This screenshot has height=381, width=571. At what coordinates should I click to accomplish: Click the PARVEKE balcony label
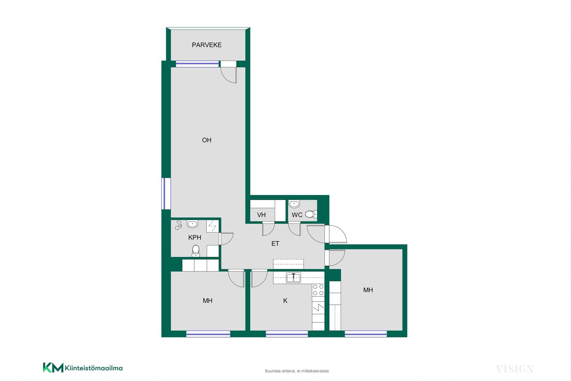click(x=207, y=45)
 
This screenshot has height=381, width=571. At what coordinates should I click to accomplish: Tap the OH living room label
click(x=207, y=140)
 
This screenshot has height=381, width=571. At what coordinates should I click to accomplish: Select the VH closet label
click(x=261, y=215)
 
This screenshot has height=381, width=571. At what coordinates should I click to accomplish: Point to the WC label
click(x=297, y=215)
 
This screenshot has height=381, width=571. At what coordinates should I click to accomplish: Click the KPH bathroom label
click(x=195, y=237)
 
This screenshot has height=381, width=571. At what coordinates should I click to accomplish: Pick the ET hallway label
click(x=275, y=243)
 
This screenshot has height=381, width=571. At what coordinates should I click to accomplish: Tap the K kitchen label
click(x=285, y=301)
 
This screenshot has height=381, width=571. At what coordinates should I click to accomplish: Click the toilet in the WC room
click(x=311, y=214)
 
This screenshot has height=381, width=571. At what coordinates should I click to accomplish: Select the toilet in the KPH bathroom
click(x=196, y=251)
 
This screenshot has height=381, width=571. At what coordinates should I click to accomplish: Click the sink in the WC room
click(x=294, y=204)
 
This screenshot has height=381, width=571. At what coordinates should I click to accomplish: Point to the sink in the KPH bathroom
click(x=192, y=224)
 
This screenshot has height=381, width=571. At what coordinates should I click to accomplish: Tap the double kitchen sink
click(x=294, y=277)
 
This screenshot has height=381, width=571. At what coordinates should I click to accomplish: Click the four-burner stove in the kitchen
click(x=318, y=290)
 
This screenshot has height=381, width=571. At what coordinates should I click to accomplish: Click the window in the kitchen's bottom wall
click(x=287, y=334)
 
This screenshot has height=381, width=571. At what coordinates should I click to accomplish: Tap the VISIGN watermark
click(x=515, y=369)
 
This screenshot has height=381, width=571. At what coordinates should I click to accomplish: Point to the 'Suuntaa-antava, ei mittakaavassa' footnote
click(x=297, y=371)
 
